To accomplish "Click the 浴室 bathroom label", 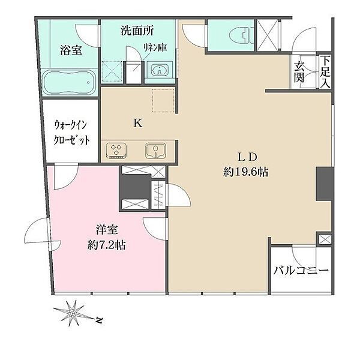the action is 71,50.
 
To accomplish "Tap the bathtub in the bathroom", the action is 70,82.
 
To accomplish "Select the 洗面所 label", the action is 137,31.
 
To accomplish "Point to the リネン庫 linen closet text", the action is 155,47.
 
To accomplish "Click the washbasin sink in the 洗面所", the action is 159,69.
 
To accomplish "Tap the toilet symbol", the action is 242,35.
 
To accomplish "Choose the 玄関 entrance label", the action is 299,73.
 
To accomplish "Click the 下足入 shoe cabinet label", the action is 325,72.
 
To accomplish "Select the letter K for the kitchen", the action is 138,124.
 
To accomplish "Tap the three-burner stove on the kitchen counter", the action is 116,151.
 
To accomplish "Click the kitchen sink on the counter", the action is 155,151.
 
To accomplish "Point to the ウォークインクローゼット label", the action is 71,133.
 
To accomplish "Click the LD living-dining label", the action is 247,158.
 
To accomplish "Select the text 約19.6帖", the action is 246,172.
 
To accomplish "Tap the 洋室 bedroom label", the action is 107,230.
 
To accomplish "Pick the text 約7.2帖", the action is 107,245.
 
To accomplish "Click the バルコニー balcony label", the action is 301,271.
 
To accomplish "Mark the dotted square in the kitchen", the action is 164,101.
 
